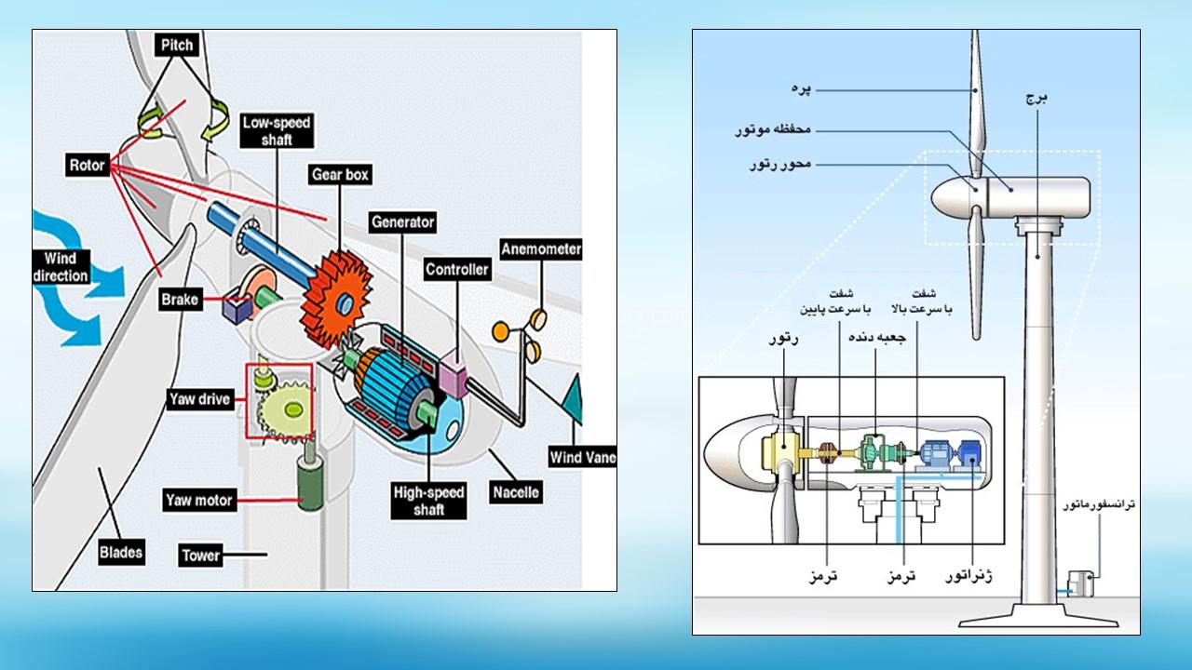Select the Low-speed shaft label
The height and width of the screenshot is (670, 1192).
[x=276, y=130]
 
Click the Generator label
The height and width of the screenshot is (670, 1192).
[x=402, y=222]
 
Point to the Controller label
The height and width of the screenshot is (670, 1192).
[x=456, y=270]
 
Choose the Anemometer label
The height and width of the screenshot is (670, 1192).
[x=541, y=249]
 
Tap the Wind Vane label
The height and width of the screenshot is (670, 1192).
[x=581, y=457]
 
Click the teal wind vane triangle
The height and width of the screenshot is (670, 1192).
[x=571, y=400]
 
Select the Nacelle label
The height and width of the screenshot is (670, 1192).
[x=515, y=492]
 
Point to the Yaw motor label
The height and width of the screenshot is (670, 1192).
[x=198, y=501]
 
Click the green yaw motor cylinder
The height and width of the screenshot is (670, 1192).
[x=304, y=483]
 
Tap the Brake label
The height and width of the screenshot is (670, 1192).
[x=179, y=300]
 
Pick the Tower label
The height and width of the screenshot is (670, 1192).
[x=200, y=556]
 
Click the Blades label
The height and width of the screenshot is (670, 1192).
[x=121, y=552]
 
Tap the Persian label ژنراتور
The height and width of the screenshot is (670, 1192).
[x=968, y=577]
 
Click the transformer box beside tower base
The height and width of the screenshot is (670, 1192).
[x=1079, y=584]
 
